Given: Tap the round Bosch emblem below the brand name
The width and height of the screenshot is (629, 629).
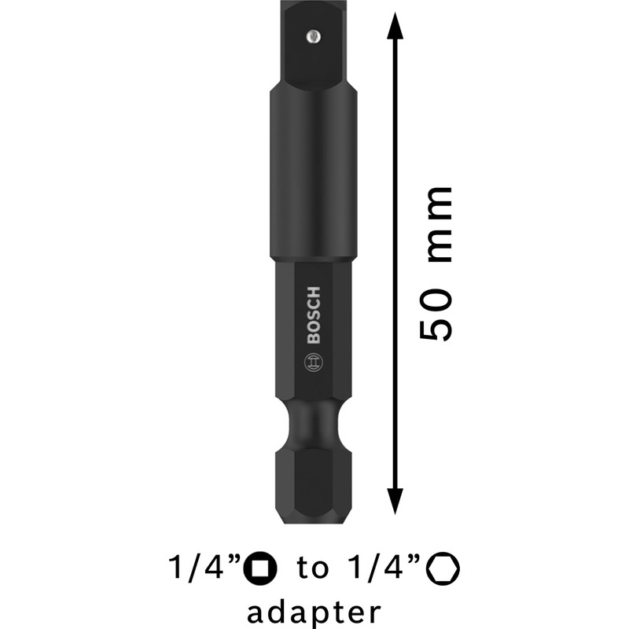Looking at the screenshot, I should coord(313,363).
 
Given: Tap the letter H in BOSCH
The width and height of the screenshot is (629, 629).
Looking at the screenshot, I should coord(313,289).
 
